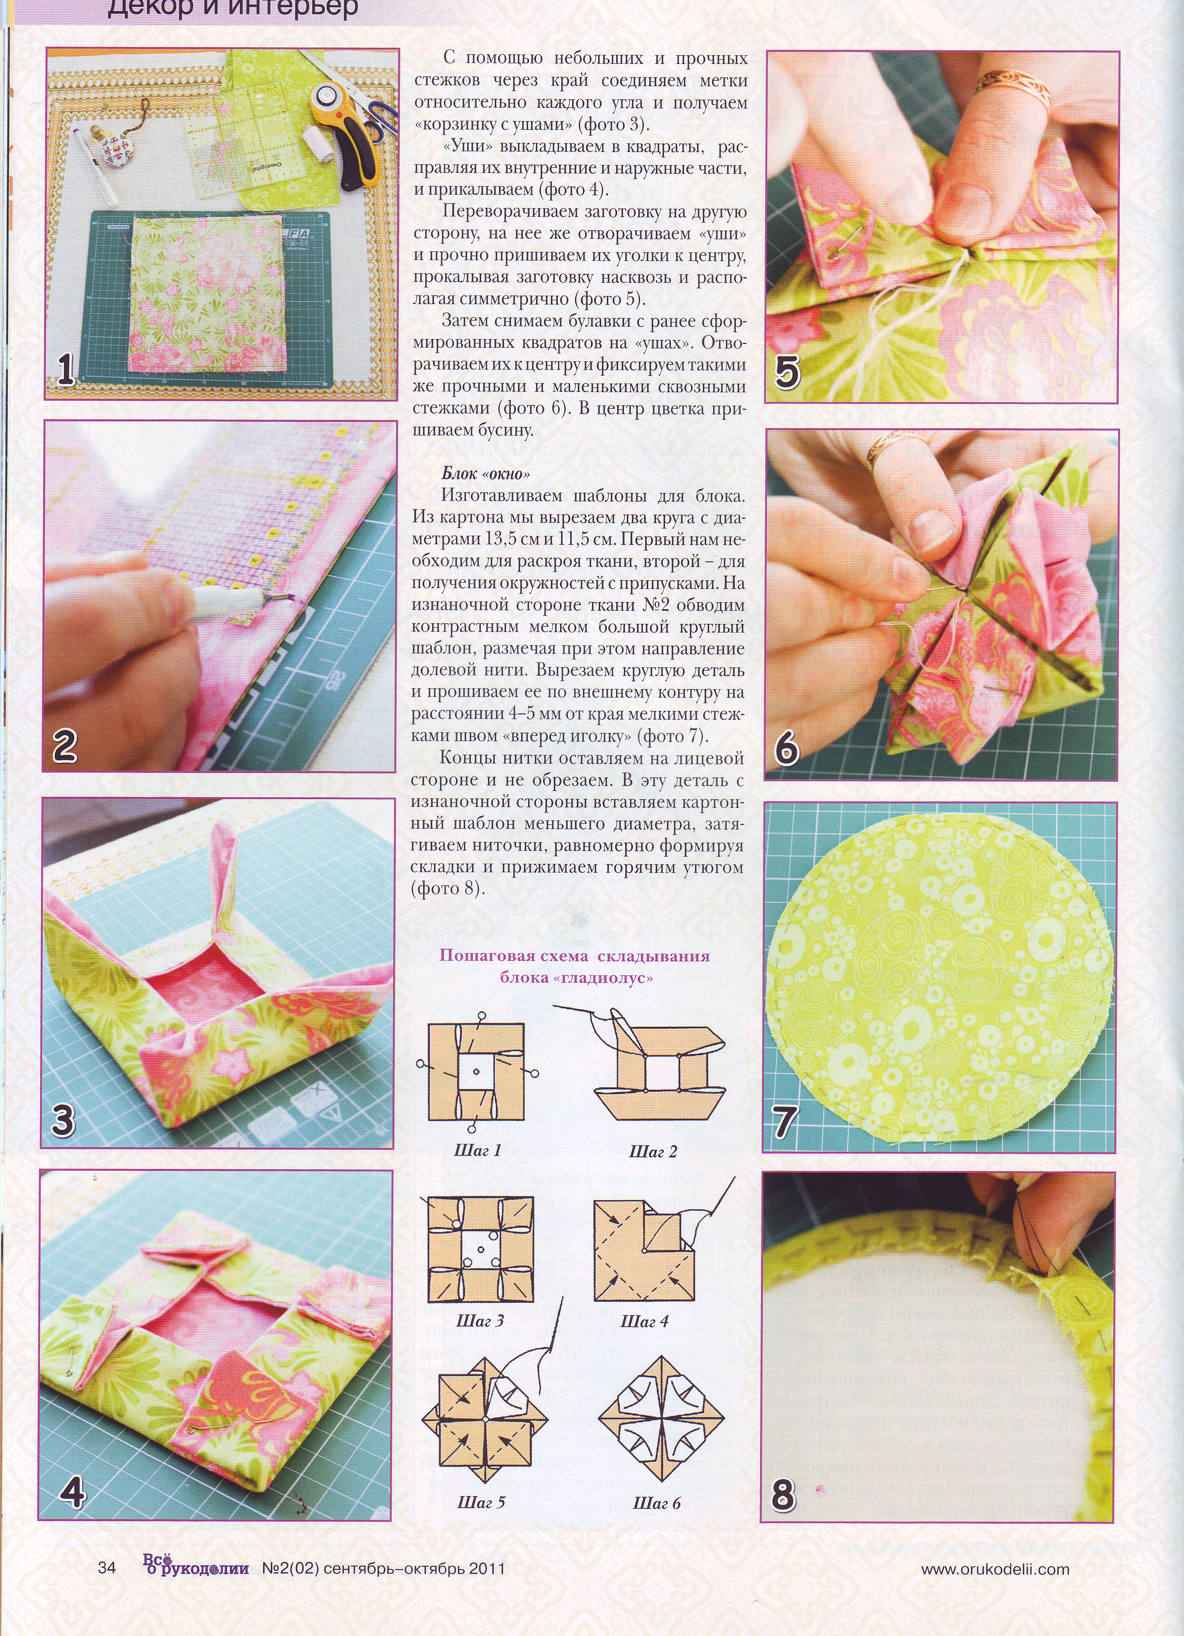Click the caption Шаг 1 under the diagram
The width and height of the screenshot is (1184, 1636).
[477, 1150]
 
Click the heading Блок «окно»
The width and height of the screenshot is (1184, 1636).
[486, 474]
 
